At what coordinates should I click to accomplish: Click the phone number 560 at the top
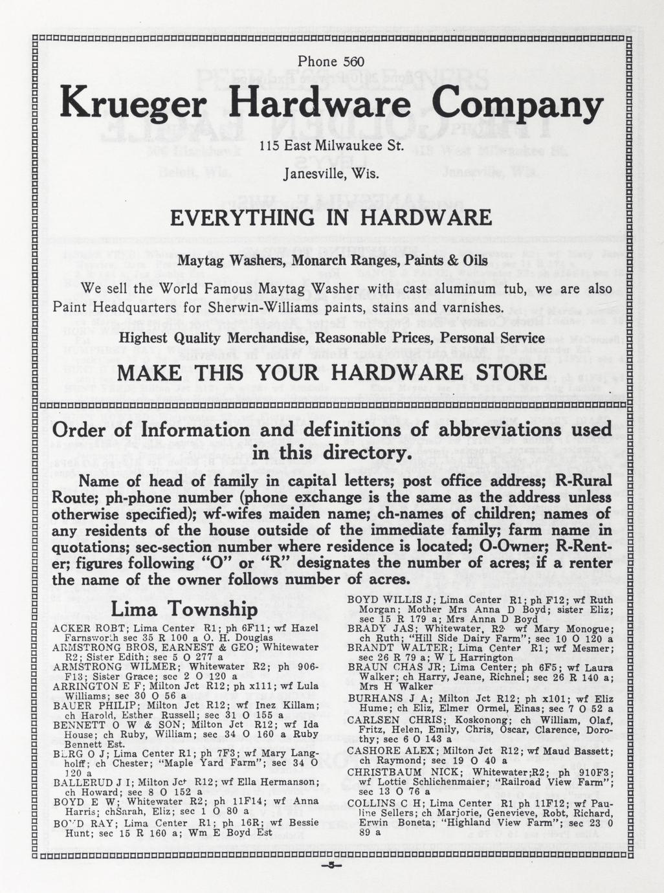point(354,61)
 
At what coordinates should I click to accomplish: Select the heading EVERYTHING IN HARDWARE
point(331,217)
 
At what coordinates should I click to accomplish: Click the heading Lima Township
point(184,610)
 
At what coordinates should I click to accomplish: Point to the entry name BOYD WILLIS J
point(385,600)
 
